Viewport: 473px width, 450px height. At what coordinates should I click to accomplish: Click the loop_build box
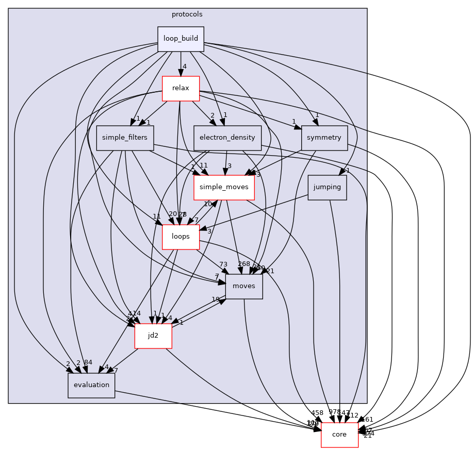point(181,39)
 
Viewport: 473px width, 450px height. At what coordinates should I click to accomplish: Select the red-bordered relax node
point(181,88)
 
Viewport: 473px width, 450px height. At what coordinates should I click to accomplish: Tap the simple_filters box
point(125,138)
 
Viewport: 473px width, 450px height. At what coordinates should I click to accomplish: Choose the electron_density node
point(227,138)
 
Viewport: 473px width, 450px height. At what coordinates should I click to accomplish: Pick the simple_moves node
point(224,187)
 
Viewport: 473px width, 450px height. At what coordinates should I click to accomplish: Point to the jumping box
point(327,187)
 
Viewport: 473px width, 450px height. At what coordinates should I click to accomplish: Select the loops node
point(181,237)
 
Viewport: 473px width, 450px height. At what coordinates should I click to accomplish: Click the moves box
point(244,286)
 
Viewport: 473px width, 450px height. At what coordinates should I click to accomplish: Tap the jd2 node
point(153,336)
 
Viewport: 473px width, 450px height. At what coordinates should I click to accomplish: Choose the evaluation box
point(91,385)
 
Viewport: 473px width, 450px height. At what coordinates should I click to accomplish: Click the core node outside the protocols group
point(339,435)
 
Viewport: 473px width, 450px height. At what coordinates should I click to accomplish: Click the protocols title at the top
point(187,14)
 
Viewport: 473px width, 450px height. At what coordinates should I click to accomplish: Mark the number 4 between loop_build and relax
point(184,66)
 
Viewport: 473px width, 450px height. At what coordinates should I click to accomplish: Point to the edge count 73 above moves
point(223,264)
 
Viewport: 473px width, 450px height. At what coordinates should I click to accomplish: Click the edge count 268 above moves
point(244,264)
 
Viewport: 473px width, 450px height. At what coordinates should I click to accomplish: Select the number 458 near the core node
point(317,413)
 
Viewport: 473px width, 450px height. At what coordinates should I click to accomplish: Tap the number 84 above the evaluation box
point(88,363)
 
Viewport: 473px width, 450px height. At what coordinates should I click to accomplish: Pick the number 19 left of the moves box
point(216,299)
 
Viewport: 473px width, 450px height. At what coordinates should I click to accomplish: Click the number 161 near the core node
point(367,420)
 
